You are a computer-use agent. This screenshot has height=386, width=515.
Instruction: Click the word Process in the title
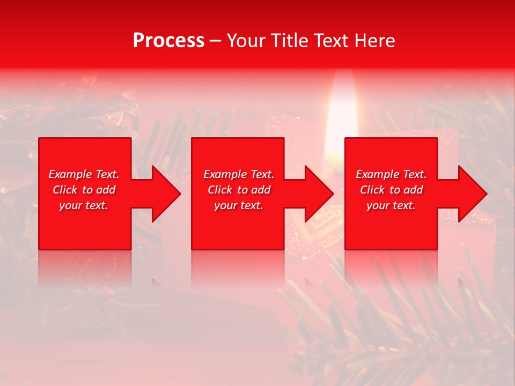click(168, 41)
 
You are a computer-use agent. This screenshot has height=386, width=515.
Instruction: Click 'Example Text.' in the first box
click(84, 174)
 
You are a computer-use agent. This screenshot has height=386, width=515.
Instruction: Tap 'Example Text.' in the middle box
click(239, 174)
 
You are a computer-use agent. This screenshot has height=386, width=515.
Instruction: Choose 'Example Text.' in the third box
click(391, 174)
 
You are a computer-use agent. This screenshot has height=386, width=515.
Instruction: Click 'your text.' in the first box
click(84, 205)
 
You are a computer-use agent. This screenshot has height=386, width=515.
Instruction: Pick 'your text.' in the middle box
click(239, 205)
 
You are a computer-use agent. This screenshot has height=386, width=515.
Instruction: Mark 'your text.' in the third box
click(391, 205)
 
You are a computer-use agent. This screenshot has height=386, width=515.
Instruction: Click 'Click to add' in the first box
click(84, 190)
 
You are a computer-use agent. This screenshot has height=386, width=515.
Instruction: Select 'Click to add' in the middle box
click(239, 190)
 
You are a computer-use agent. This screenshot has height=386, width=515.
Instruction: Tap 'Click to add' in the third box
click(391, 190)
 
